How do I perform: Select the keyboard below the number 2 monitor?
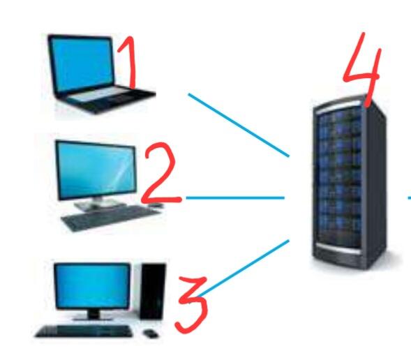tap(110, 218)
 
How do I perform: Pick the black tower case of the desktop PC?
tap(153, 292)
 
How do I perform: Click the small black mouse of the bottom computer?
tap(151, 333)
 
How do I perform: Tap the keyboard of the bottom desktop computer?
tap(84, 331)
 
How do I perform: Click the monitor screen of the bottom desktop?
tap(92, 286)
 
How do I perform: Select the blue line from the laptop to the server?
tap(239, 125)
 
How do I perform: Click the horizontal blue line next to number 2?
tap(235, 198)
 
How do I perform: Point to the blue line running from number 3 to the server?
tap(244, 268)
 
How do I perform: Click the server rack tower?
tap(350, 183)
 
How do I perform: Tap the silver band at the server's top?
tap(338, 107)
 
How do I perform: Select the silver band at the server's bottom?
tap(338, 248)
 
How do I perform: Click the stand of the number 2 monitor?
tap(98, 202)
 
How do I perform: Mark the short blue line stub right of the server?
tap(410, 198)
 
